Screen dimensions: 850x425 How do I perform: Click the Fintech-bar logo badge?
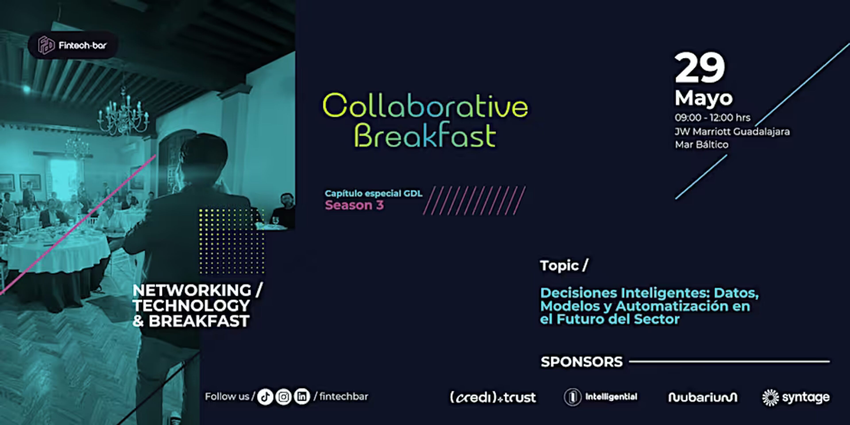click(73, 45)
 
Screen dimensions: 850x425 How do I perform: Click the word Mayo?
click(703, 98)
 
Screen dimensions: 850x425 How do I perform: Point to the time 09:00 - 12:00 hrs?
click(712, 118)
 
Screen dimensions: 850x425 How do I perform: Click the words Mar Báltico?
click(701, 145)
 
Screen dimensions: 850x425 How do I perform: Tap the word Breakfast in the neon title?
click(425, 135)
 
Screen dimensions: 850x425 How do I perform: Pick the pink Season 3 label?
click(354, 205)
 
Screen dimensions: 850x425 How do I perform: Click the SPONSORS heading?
click(582, 362)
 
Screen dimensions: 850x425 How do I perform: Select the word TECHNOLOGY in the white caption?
click(191, 305)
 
